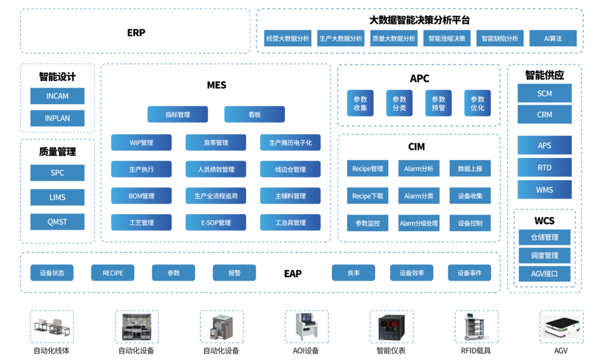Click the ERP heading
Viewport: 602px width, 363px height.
(136, 32)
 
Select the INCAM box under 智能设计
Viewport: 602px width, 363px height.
(57, 96)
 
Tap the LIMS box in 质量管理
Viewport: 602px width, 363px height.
(57, 197)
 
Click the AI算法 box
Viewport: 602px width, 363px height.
(552, 38)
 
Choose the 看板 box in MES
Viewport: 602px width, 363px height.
(254, 114)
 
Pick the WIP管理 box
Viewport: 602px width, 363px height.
(141, 143)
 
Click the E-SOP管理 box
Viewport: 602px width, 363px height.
(216, 222)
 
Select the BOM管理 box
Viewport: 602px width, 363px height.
(141, 196)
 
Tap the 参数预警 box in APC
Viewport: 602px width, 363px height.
(439, 103)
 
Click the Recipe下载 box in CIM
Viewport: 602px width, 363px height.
(367, 196)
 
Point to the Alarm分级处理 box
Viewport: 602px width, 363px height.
(419, 223)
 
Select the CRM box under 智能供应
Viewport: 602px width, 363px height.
(545, 114)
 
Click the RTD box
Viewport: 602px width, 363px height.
(545, 167)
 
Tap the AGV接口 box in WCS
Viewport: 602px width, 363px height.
(545, 274)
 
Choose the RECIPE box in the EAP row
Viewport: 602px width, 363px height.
(113, 273)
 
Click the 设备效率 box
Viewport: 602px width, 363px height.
(411, 273)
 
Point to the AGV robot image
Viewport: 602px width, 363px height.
(561, 327)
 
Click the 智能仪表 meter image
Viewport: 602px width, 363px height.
(391, 327)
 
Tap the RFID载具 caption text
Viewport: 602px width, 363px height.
(475, 351)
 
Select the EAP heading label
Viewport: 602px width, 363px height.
(293, 273)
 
